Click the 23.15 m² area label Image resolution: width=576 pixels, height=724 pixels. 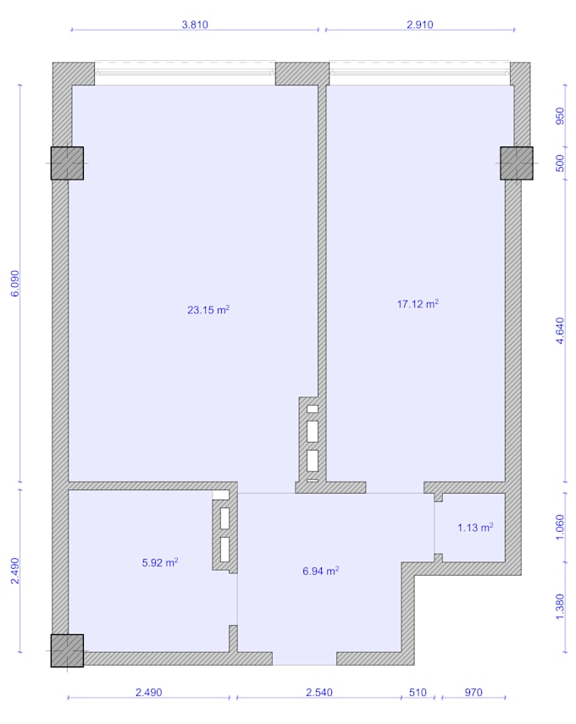point(208,310)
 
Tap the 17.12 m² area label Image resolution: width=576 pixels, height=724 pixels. point(418,304)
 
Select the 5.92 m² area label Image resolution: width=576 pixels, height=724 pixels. point(160,562)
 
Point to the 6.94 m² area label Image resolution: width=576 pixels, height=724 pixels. point(320,571)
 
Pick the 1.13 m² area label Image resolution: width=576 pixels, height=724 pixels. point(475,528)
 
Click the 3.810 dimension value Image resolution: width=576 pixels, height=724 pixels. point(195,25)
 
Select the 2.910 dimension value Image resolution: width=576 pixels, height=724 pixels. point(420,25)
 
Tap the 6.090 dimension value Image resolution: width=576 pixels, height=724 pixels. point(15,283)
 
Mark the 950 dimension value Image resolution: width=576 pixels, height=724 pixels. point(560,116)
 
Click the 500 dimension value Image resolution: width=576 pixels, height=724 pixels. point(560,163)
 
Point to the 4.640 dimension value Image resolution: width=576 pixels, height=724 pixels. point(560,330)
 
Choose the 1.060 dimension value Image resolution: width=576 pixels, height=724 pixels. point(560,527)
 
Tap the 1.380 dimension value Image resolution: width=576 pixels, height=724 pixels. point(560,606)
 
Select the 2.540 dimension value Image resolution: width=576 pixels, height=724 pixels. point(319,692)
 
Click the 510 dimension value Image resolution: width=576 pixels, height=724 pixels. point(418,692)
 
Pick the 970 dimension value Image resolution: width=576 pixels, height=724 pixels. point(474,692)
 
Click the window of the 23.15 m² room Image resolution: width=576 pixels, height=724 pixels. point(185,73)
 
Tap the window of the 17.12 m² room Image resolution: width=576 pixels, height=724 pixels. point(419,73)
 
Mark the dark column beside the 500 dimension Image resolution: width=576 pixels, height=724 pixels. point(517,163)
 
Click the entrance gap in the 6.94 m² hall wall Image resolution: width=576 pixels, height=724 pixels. point(304,659)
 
